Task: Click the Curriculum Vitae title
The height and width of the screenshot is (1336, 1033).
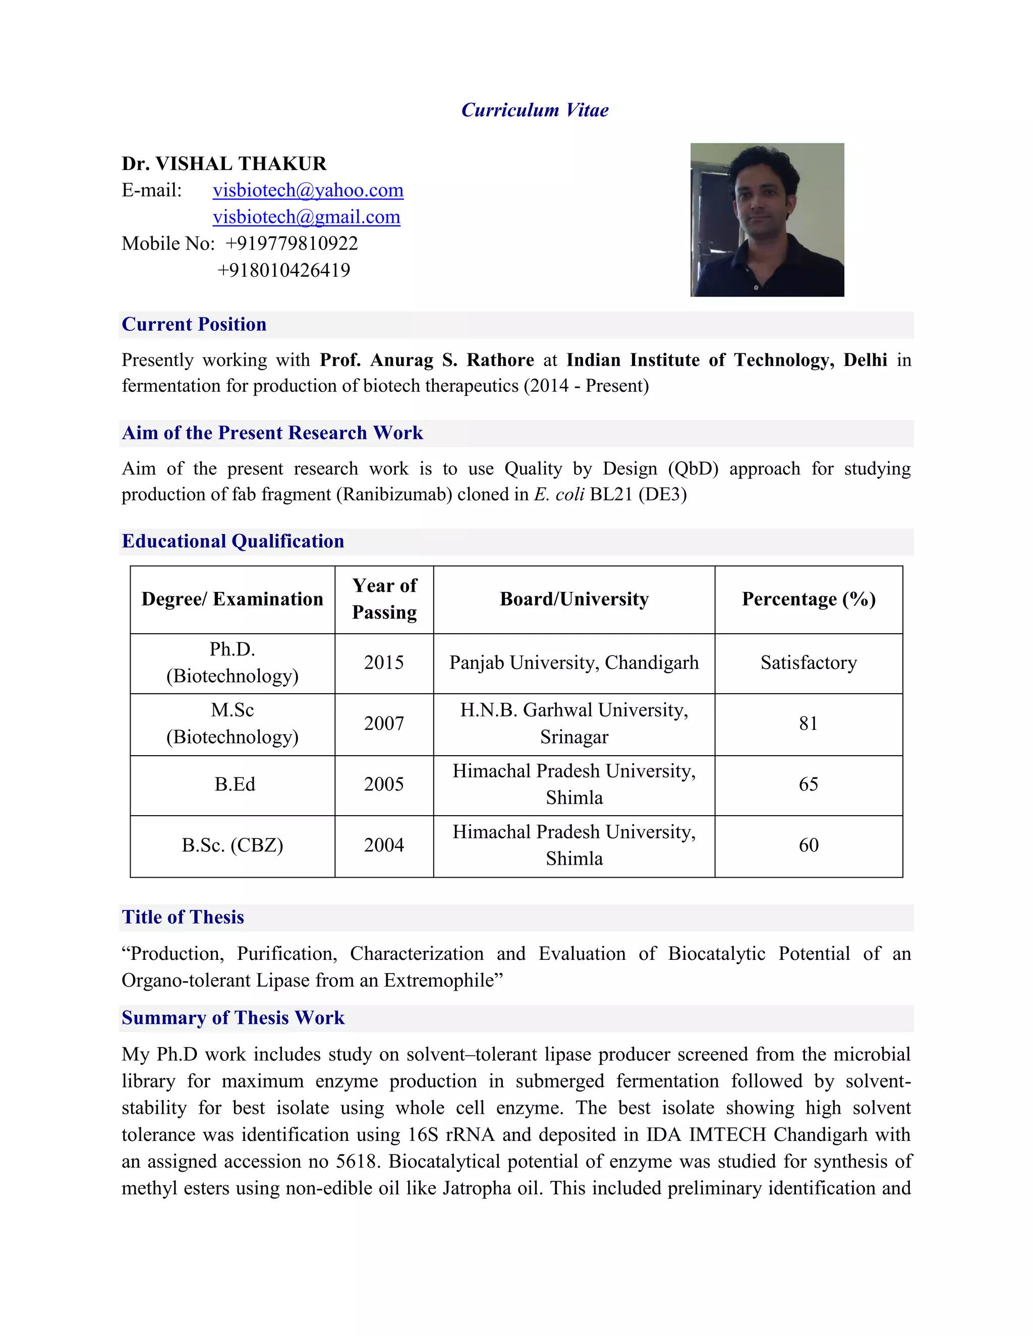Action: point(534,110)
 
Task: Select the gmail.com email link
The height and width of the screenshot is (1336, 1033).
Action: point(306,217)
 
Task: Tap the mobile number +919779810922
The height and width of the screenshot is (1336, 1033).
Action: point(292,244)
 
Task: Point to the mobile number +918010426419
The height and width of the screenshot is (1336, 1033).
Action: point(283,270)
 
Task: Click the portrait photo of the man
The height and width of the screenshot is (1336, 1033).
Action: point(767,220)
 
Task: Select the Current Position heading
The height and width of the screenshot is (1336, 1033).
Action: point(194,324)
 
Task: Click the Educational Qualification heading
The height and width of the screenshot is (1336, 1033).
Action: point(233,541)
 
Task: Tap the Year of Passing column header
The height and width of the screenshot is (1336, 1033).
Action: point(384,599)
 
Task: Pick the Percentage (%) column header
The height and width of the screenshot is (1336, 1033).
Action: point(809,599)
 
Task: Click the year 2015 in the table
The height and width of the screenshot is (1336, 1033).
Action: point(384,662)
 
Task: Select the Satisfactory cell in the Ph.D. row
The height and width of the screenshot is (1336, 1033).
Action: point(809,662)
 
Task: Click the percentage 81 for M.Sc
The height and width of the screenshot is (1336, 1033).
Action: point(809,723)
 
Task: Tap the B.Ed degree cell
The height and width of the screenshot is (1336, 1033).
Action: point(235,784)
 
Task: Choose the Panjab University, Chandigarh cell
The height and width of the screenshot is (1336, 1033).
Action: point(573,662)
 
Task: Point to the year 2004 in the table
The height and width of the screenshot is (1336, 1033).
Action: point(384,845)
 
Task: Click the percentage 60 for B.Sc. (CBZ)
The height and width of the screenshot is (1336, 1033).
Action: point(809,845)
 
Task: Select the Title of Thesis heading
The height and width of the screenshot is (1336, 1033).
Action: point(183,917)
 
